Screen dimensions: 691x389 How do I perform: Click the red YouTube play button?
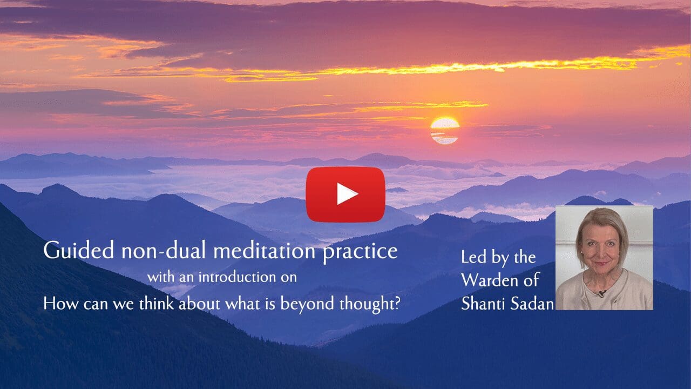[x=345, y=194]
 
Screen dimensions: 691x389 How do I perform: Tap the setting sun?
[x=444, y=130]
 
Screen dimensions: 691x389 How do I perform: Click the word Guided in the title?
[x=79, y=250]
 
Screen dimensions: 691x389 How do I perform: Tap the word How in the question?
[x=60, y=303]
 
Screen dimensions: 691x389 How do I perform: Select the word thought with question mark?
[x=370, y=304]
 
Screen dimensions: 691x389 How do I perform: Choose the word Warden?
[x=489, y=280]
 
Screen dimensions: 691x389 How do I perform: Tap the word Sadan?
[x=532, y=304]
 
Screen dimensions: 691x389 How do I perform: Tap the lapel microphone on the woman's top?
[x=601, y=293]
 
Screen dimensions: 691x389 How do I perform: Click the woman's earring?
[x=582, y=252]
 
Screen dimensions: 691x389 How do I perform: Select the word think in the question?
[x=157, y=303]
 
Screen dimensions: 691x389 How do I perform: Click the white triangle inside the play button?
[x=347, y=194]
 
